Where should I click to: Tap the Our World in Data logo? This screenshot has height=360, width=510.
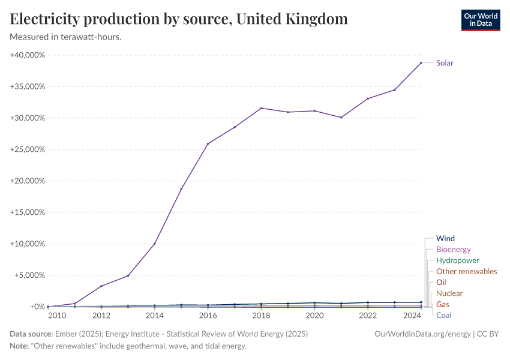tap(480, 20)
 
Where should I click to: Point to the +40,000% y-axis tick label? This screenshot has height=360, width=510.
tap(28, 55)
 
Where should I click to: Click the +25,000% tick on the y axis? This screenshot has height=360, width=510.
tap(28, 149)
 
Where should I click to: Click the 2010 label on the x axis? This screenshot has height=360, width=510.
tap(57, 316)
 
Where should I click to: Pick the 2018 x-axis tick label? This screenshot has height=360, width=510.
tap(261, 316)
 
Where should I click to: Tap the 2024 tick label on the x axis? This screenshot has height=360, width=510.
tap(412, 316)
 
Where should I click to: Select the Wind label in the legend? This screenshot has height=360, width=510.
tap(445, 239)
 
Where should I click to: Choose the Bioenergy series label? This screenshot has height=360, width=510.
tap(453, 250)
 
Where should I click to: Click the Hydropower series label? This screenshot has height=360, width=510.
tap(457, 260)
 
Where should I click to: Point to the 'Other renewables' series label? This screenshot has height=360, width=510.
tap(466, 271)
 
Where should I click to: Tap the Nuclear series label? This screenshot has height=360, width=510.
tap(449, 293)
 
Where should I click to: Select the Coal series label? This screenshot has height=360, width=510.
tap(444, 315)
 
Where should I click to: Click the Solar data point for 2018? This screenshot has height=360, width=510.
tap(261, 108)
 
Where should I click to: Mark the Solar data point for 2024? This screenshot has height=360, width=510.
tap(421, 62)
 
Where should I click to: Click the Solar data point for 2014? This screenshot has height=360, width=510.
tap(155, 244)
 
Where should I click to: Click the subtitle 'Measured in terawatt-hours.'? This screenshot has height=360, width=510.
tap(66, 37)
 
